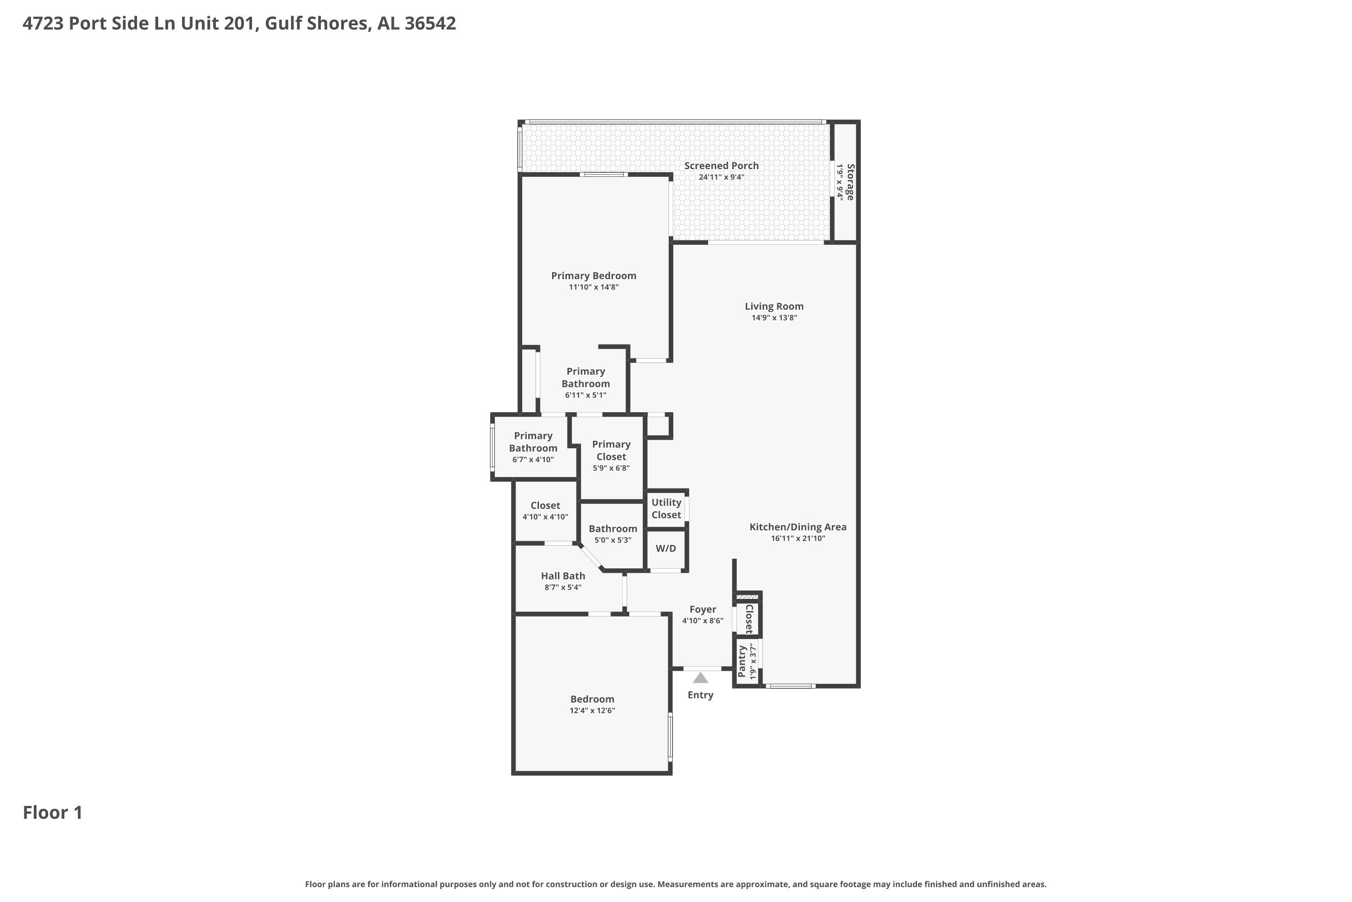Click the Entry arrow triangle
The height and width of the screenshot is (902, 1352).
pos(700,678)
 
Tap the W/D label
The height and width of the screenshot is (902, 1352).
pos(666,548)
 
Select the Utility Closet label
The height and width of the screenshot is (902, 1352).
pos(666,509)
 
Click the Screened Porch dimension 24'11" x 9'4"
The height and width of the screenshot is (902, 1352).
pos(722,177)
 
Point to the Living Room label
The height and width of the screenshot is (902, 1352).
pos(774,307)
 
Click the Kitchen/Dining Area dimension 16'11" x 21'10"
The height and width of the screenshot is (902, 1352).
pos(798,538)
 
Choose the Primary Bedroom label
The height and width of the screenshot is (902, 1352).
pos(594,276)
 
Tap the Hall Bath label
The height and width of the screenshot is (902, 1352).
pos(563,576)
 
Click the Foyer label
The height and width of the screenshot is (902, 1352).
pos(703,609)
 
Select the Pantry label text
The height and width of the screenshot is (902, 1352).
pos(741,662)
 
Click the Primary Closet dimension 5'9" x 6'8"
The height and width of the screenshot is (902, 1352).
pos(611,468)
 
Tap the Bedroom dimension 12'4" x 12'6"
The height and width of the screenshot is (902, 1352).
pos(592,710)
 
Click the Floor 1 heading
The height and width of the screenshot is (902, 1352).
pos(53,812)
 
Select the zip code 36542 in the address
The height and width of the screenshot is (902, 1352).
pos(430,23)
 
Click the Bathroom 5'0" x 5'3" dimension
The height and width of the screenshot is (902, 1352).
pos(613,540)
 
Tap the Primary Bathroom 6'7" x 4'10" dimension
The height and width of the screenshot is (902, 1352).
pos(533,460)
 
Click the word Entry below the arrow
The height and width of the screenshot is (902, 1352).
pos(700,695)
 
